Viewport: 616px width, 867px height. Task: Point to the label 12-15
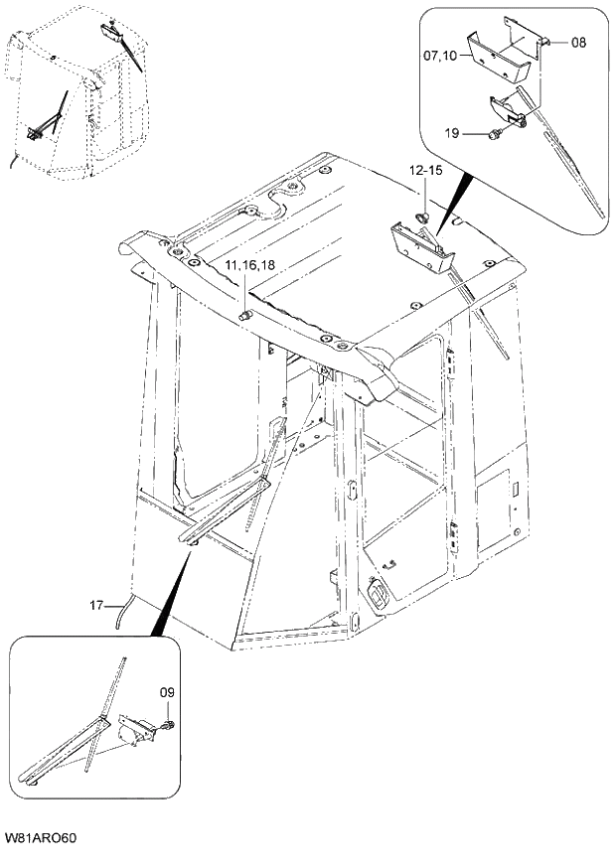[x=424, y=172]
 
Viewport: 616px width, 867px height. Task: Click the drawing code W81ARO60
[x=42, y=840]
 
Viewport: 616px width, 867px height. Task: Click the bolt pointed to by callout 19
[x=494, y=132]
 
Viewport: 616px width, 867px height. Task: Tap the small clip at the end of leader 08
[x=547, y=42]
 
